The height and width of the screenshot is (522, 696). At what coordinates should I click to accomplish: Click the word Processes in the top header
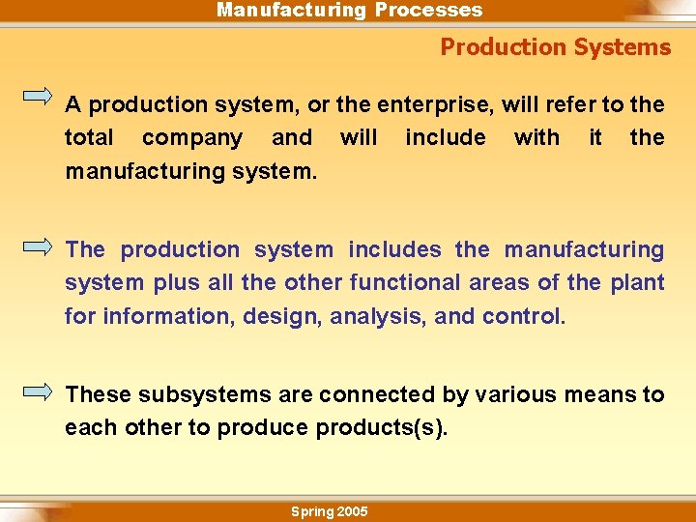(x=428, y=11)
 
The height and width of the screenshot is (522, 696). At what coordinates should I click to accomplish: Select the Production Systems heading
(x=555, y=47)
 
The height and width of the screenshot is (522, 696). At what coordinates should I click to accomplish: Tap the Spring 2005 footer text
(x=330, y=511)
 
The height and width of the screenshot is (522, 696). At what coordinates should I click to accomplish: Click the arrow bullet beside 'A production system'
(x=38, y=96)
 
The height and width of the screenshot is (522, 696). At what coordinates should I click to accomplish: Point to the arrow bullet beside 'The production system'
(x=38, y=246)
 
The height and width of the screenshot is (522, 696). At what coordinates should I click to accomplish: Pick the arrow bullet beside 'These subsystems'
(x=38, y=391)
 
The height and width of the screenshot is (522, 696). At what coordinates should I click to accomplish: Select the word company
(x=192, y=138)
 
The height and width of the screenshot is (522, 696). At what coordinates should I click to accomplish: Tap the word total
(x=89, y=138)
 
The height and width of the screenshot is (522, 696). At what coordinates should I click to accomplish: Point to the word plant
(x=638, y=283)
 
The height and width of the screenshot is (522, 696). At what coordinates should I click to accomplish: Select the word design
(x=288, y=316)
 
